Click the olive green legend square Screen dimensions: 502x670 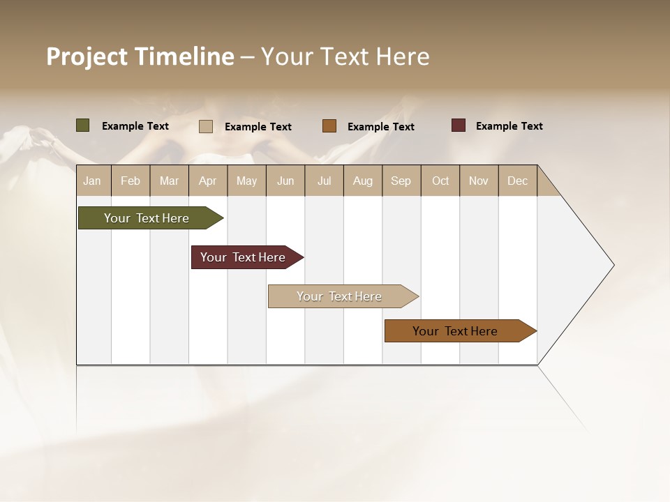pos(82,125)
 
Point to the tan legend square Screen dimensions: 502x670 pos(206,126)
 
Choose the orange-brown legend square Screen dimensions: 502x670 pos(329,126)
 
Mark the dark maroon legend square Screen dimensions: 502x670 pos(459,125)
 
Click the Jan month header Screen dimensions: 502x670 pos(92,181)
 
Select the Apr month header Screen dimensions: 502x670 pos(207,181)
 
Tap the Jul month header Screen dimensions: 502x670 pos(324,181)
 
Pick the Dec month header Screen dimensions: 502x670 pos(517,181)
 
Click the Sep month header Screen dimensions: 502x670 pos(401,181)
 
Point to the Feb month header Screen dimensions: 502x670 pos(131,181)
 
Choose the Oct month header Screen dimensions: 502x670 pos(440,181)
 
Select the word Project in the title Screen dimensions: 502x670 pos(87,56)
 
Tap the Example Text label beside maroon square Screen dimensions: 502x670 pos(509,126)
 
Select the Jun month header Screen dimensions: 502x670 pos(285,181)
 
